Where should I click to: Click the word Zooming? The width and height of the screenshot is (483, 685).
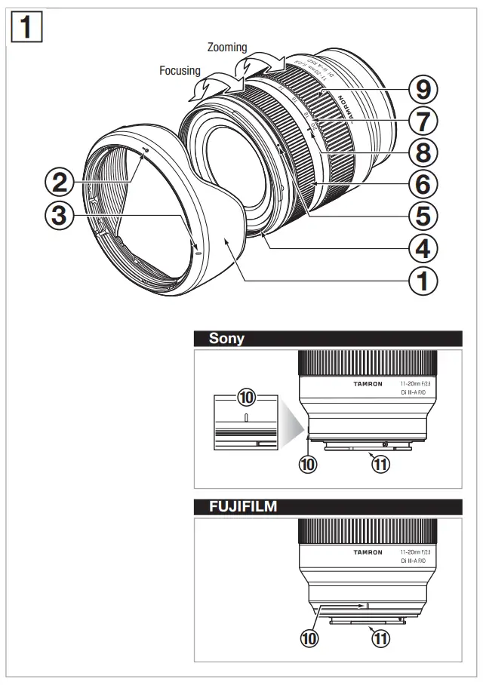pyautogui.click(x=226, y=48)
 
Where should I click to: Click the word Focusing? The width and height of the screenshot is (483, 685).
pyautogui.click(x=180, y=71)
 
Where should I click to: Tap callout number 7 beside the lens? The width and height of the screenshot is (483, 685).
pyautogui.click(x=422, y=121)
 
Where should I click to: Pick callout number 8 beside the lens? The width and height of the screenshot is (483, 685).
pyautogui.click(x=422, y=152)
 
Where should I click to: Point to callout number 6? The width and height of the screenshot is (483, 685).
pyautogui.click(x=422, y=183)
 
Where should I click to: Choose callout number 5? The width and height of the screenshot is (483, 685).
pyautogui.click(x=422, y=216)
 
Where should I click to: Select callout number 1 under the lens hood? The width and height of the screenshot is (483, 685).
pyautogui.click(x=422, y=281)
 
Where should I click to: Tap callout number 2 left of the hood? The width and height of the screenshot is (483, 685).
pyautogui.click(x=59, y=181)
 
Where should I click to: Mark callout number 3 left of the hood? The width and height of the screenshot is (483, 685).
pyautogui.click(x=59, y=215)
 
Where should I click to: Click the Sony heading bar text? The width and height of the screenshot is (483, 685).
pyautogui.click(x=226, y=339)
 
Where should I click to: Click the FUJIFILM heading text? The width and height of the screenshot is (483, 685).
pyautogui.click(x=242, y=507)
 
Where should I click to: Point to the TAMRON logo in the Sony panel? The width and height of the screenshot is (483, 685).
pyautogui.click(x=368, y=384)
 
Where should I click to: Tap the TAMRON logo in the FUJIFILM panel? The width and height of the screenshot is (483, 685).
pyautogui.click(x=368, y=552)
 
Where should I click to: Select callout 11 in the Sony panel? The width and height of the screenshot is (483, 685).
pyautogui.click(x=380, y=465)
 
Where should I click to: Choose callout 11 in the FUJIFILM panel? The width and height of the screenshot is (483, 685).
pyautogui.click(x=380, y=639)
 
